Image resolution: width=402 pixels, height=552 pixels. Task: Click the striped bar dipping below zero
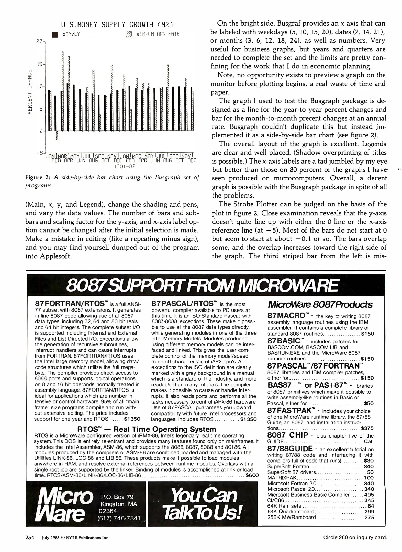click(x=57, y=136)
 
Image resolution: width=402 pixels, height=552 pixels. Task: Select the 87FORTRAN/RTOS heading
click(x=70, y=304)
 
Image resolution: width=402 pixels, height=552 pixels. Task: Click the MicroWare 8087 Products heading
click(x=320, y=305)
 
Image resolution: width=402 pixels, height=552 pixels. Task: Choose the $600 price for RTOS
click(x=252, y=475)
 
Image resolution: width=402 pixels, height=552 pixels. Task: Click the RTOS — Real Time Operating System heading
click(x=147, y=429)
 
